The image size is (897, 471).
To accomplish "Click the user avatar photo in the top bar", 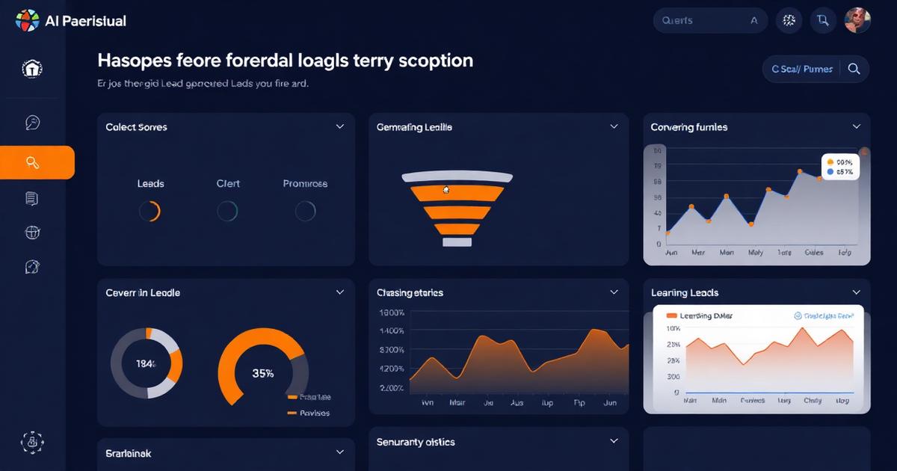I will pyautogui.click(x=857, y=21).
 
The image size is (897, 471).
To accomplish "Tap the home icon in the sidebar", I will pyautogui.click(x=31, y=70).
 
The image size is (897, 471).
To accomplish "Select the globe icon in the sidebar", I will pyautogui.click(x=32, y=233).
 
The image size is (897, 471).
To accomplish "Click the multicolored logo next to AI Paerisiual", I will pyautogui.click(x=27, y=21).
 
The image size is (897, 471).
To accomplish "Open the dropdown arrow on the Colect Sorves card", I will pyautogui.click(x=340, y=127).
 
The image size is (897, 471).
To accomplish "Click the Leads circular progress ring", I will pyautogui.click(x=149, y=212).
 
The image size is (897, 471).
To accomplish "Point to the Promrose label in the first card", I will pyautogui.click(x=305, y=184).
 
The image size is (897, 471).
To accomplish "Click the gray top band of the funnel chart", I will pyautogui.click(x=457, y=177).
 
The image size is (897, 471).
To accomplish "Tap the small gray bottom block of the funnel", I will pyautogui.click(x=457, y=242).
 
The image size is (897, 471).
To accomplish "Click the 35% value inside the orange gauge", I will pyautogui.click(x=262, y=373).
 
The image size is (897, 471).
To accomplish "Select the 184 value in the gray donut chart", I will pyautogui.click(x=146, y=364).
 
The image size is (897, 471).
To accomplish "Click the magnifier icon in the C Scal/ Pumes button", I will pyautogui.click(x=854, y=69).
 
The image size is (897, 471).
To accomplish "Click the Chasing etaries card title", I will pyautogui.click(x=410, y=293).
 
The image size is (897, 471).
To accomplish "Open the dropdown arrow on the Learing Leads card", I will pyautogui.click(x=857, y=292).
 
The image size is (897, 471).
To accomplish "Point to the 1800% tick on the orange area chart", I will pyautogui.click(x=392, y=313).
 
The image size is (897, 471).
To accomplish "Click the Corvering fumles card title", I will pyautogui.click(x=688, y=127).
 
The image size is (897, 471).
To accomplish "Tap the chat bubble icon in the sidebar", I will pyautogui.click(x=32, y=123).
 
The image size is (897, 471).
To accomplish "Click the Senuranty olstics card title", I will pyautogui.click(x=416, y=442).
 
